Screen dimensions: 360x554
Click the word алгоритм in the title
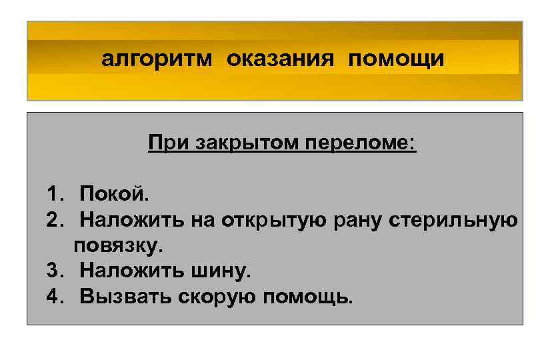tap(157, 60)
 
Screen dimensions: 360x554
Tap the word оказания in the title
tap(281, 60)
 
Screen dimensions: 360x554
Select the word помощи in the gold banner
tap(395, 60)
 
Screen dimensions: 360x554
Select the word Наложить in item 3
tap(129, 271)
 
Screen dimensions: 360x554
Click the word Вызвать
tap(125, 297)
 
